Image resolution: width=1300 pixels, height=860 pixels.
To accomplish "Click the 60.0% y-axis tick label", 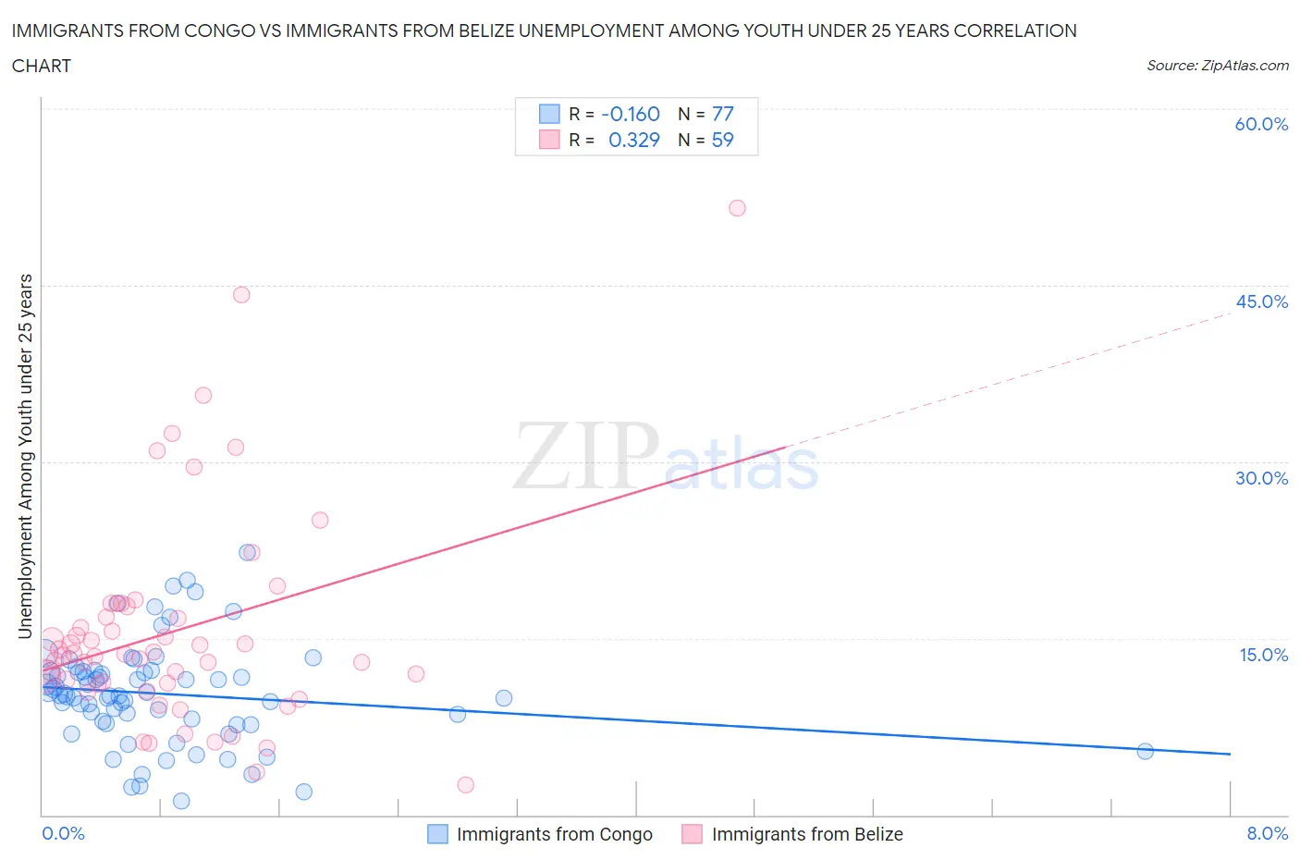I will tap(1261, 124).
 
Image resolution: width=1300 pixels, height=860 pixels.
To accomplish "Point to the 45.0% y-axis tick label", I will tap(1261, 301).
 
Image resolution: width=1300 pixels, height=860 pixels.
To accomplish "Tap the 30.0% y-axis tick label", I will tap(1261, 478).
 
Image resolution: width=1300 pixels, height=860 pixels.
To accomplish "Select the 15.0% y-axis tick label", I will tap(1263, 655).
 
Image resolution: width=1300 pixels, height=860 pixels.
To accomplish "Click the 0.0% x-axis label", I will tap(63, 833).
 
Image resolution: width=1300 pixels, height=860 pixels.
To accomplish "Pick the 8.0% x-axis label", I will tap(1267, 833).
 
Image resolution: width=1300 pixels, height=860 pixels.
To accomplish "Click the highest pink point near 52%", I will tap(737, 208).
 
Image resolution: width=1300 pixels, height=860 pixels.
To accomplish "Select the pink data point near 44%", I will tap(241, 295).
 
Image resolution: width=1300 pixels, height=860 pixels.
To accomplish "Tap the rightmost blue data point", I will tap(1145, 751).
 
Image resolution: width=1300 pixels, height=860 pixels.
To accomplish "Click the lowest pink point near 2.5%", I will tap(466, 785).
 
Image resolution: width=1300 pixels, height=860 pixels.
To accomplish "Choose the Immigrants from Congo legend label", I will tap(554, 834).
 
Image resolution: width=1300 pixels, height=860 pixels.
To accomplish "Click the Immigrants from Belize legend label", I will tap(807, 834).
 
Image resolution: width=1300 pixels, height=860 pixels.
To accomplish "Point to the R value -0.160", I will tap(630, 114).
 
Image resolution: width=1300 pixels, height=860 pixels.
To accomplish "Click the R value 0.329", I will tap(633, 140).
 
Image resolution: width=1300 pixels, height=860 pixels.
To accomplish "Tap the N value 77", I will tap(722, 114).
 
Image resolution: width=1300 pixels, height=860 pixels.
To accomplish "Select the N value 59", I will tap(722, 140).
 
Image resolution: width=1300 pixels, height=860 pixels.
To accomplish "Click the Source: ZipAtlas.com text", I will tap(1217, 65).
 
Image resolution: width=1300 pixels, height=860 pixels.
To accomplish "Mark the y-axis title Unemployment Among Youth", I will tap(25, 456).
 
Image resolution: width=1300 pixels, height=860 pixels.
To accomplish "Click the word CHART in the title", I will tap(42, 66).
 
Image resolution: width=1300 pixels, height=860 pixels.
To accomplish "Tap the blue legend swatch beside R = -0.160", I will tap(549, 114).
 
